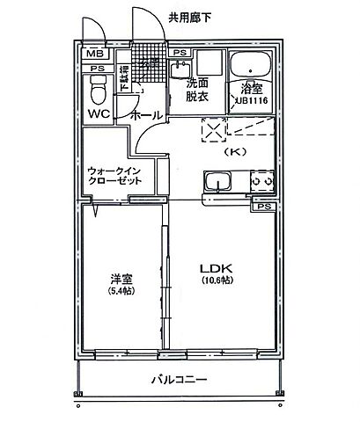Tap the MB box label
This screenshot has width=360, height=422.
pyautogui.click(x=94, y=53)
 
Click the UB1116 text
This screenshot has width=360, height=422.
pyautogui.click(x=252, y=103)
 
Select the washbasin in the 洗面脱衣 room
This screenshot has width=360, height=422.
pyautogui.click(x=209, y=64)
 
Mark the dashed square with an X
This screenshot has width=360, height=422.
pyautogui.click(x=212, y=129)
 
